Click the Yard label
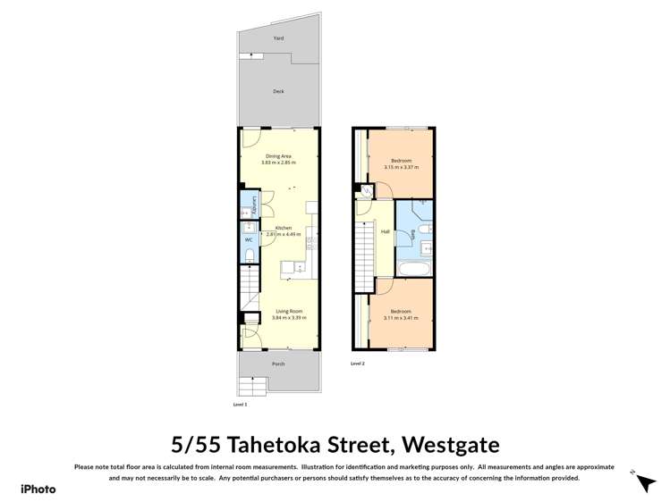278,38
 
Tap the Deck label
278,91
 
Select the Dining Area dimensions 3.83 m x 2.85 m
276,162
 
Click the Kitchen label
284,228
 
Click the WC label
249,240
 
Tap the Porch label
278,364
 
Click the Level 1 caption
240,405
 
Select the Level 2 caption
358,364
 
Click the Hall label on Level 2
385,231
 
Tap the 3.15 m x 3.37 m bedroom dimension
402,167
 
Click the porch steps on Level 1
253,386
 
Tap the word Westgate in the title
450,444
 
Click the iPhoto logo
38,489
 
